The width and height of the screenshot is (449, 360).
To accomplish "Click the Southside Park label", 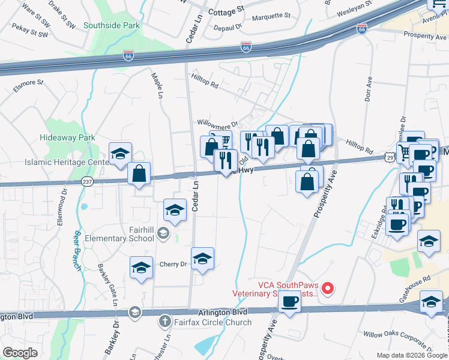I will (x=112, y=26).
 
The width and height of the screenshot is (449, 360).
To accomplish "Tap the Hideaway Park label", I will (x=67, y=138).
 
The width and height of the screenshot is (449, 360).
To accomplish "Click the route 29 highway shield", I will (x=389, y=157).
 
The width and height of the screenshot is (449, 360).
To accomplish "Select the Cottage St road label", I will (x=227, y=10).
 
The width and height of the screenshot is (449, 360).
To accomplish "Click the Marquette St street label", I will (x=271, y=15).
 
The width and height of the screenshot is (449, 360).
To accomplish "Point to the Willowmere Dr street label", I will (x=218, y=122).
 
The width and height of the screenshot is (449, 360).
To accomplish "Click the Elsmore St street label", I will (x=28, y=82).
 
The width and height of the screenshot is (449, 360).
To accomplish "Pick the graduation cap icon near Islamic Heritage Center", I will (x=120, y=154).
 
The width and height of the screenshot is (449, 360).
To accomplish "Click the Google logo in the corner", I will (x=20, y=352).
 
